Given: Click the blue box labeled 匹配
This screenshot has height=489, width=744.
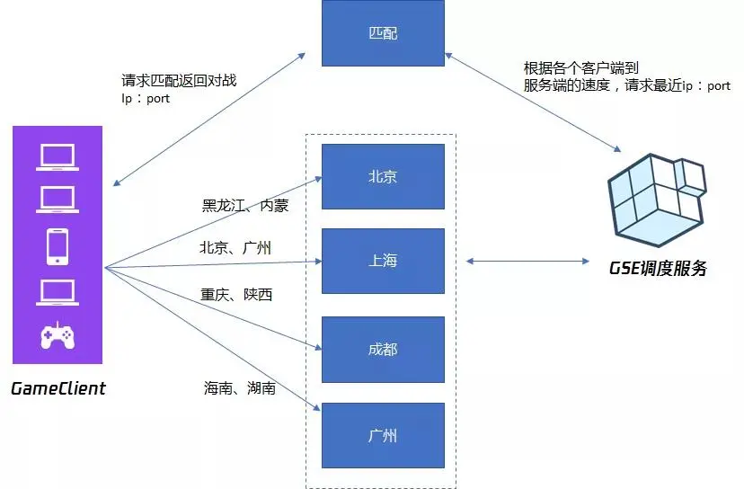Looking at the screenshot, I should [x=383, y=32].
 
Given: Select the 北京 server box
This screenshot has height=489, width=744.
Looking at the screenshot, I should [x=383, y=176].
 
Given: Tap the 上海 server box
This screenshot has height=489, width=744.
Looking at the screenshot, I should [x=383, y=261].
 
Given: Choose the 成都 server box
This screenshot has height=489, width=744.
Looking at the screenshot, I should [x=383, y=349].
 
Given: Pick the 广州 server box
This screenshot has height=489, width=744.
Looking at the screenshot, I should [x=383, y=435].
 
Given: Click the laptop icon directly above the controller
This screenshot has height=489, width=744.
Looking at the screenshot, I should [x=58, y=291].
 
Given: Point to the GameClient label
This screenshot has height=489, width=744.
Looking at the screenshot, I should [x=58, y=388].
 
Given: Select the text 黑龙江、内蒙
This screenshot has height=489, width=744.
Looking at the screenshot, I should [x=245, y=205].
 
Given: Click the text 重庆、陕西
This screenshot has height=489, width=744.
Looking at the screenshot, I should [x=235, y=294].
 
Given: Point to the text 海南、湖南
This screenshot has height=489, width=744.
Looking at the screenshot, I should [x=239, y=388].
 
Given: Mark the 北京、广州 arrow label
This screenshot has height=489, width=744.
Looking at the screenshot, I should [x=235, y=248].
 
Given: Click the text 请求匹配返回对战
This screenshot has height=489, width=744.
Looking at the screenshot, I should [x=179, y=80].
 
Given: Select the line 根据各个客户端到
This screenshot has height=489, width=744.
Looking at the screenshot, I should [x=580, y=68].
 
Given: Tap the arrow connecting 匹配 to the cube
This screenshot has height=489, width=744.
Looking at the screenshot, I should [x=532, y=102].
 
